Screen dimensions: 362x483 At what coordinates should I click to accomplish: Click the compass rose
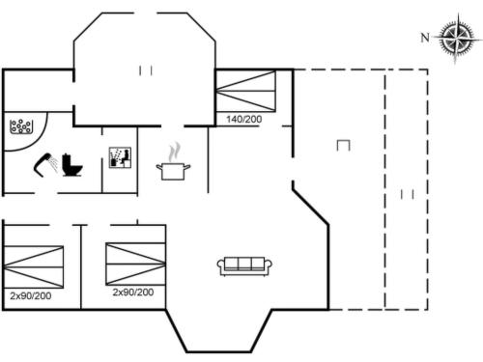point(452,38)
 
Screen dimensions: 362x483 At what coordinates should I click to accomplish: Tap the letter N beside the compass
point(424,38)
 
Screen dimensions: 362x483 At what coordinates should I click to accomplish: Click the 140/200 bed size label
point(244,119)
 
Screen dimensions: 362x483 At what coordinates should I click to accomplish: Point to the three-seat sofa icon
point(245,265)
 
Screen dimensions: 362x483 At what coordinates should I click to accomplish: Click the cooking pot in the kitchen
point(174,171)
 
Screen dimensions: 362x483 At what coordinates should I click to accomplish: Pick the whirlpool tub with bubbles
point(21,126)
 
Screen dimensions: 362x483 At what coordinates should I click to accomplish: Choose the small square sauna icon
point(119,158)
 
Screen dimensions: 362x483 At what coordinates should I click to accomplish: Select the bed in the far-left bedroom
point(34,264)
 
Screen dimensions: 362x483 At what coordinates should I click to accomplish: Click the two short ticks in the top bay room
point(146,70)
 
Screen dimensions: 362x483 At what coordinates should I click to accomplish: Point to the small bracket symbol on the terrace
point(344,145)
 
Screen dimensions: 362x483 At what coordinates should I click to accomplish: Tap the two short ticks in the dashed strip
point(407,194)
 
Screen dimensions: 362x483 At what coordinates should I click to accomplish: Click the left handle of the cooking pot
point(159,167)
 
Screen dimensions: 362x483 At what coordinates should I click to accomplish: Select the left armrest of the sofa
point(221,265)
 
